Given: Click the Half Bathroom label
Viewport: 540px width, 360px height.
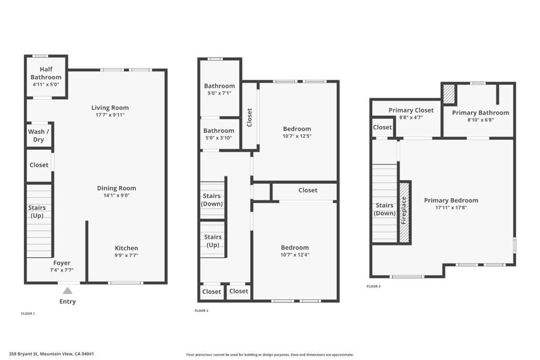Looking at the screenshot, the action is point(46,73).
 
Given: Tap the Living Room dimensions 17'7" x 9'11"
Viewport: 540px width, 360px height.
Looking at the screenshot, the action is point(110,115).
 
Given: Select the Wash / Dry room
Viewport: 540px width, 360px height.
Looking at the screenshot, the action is point(38,135).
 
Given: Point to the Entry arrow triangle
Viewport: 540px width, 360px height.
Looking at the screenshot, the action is point(67,291).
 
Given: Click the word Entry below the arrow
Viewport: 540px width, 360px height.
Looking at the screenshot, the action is point(67,301).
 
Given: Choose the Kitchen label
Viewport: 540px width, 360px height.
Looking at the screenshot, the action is point(127,248).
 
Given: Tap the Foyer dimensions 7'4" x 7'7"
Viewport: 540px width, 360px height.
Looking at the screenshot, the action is point(62,270).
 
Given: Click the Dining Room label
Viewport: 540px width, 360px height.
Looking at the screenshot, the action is point(117,188).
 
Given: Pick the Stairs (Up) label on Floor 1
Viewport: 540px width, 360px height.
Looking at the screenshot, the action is point(37,212).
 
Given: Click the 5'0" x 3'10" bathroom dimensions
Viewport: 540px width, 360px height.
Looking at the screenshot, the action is point(219,138).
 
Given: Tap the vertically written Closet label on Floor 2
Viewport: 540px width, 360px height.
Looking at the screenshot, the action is point(249,118).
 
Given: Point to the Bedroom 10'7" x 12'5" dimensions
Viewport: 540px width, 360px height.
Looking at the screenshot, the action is point(297,136).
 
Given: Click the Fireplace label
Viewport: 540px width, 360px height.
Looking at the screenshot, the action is point(403,210).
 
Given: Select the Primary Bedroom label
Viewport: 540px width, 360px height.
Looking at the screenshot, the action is point(451,200).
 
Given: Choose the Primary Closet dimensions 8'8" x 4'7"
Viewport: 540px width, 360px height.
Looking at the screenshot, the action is point(411,118).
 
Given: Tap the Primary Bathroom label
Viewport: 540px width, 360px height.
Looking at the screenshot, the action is point(480,113).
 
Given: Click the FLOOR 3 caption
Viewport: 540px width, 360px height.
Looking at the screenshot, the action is point(374,286).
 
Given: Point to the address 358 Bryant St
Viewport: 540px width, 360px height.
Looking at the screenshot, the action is point(24,354).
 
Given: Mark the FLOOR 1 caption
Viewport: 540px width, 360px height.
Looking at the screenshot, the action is point(28,314).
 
